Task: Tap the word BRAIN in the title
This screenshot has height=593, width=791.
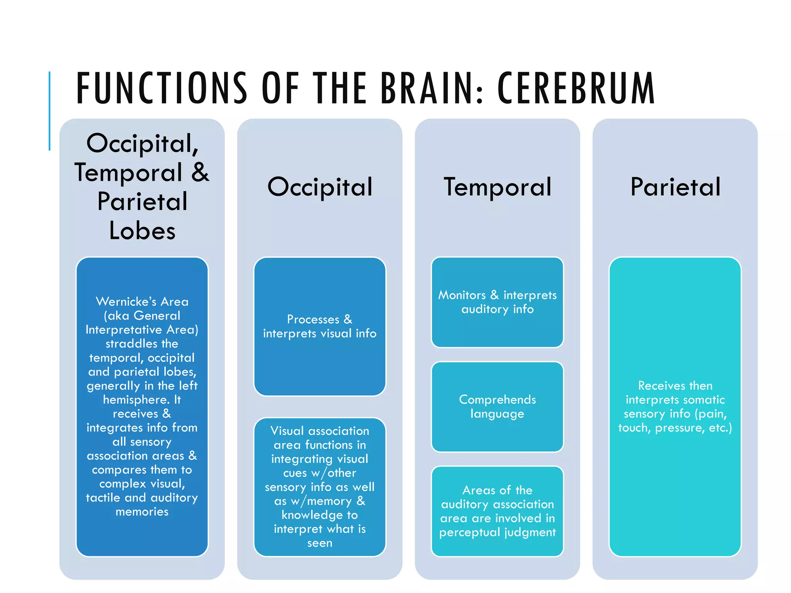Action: tap(432, 88)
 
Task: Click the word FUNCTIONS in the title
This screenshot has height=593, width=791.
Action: tap(161, 88)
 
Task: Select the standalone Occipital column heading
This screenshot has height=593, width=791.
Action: tap(320, 187)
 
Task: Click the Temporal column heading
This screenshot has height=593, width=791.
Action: tap(497, 187)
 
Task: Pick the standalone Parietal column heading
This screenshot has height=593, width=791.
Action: tap(675, 187)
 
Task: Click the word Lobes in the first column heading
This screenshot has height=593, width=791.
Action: tap(142, 231)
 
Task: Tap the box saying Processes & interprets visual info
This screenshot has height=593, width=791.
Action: tap(320, 326)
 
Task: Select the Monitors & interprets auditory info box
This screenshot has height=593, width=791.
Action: tap(497, 302)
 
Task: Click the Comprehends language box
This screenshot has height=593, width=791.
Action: tap(497, 407)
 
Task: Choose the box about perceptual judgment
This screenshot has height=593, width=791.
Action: tap(497, 511)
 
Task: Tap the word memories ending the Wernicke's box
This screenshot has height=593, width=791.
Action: tap(142, 512)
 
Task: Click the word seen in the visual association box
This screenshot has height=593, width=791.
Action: tap(320, 543)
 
